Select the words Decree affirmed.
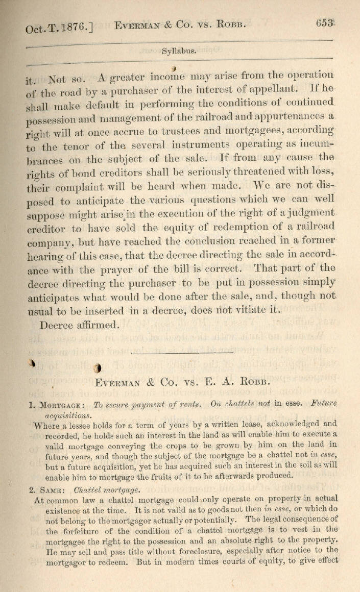[x=79, y=324]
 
